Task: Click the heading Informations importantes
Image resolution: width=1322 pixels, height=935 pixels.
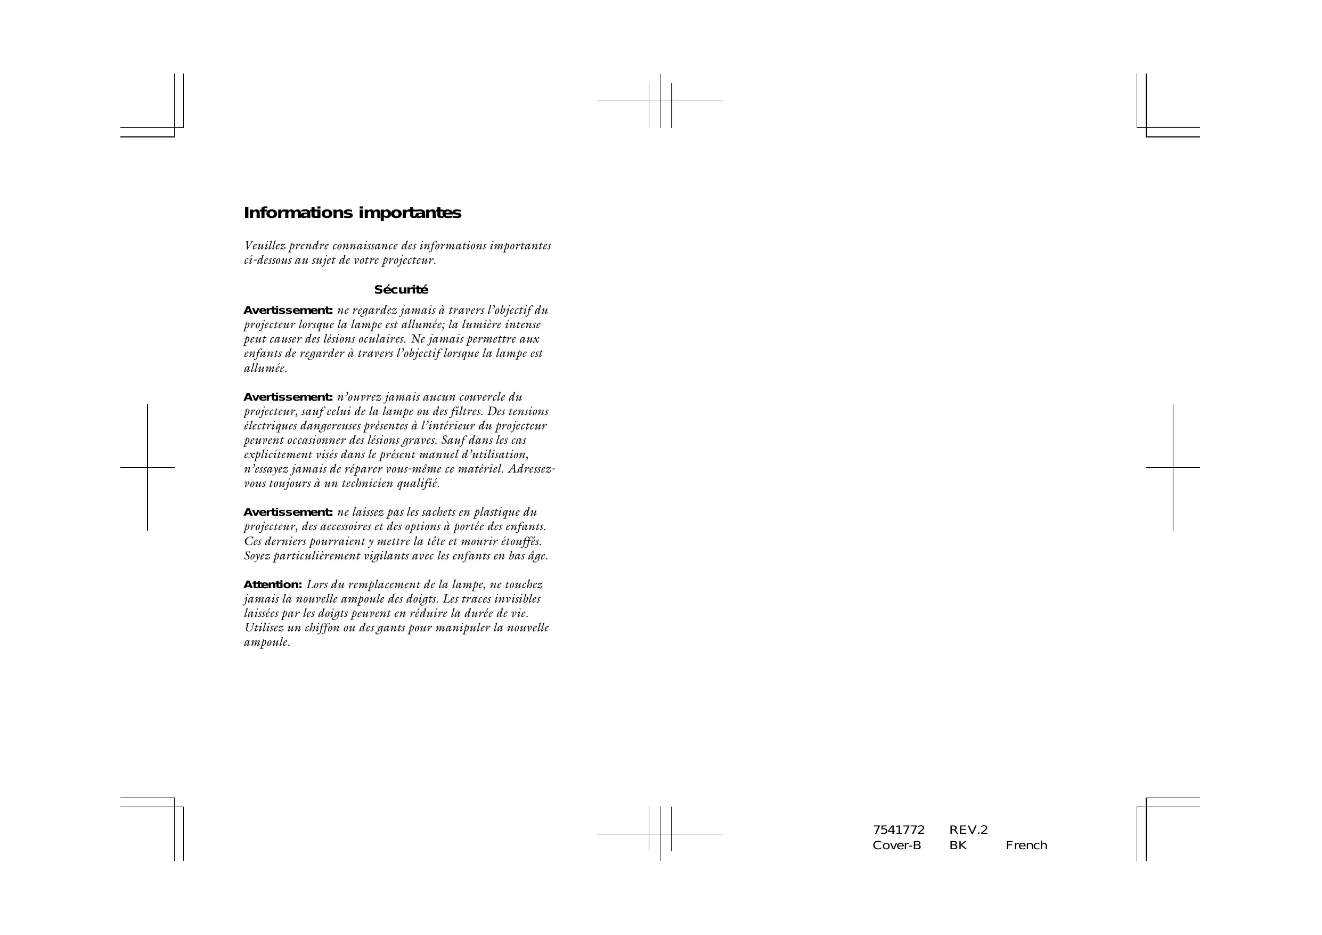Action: click(353, 213)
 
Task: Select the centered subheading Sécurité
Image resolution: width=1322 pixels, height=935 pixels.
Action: click(401, 290)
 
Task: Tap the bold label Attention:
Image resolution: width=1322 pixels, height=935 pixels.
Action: click(272, 585)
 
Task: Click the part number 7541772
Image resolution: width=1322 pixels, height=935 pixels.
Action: click(898, 830)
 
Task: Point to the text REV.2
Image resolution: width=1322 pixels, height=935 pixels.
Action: click(968, 830)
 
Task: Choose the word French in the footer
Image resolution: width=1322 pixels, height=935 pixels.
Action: click(1026, 845)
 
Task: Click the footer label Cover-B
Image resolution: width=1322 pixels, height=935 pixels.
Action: click(896, 845)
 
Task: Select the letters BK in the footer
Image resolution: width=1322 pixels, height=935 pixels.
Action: click(958, 845)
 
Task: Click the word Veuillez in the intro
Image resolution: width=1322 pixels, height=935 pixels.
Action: click(264, 246)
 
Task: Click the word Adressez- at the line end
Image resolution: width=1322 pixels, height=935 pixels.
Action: click(532, 469)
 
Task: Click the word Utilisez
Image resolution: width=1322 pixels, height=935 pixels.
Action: click(264, 628)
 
